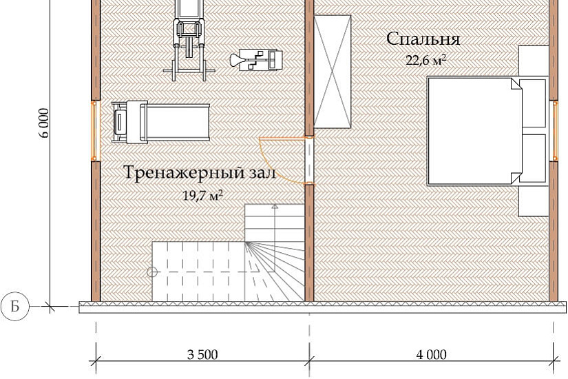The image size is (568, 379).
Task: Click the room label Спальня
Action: tap(423, 39)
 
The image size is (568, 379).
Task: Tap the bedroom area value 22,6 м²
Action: tap(425, 61)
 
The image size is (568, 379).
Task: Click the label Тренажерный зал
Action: tap(200, 173)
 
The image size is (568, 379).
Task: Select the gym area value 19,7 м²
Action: tap(202, 196)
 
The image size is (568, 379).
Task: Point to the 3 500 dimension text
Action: tap(202, 355)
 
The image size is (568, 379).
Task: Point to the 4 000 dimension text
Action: tap(431, 355)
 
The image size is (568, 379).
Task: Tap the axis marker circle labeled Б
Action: tap(14, 307)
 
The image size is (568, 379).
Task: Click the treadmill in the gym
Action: tap(160, 123)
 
